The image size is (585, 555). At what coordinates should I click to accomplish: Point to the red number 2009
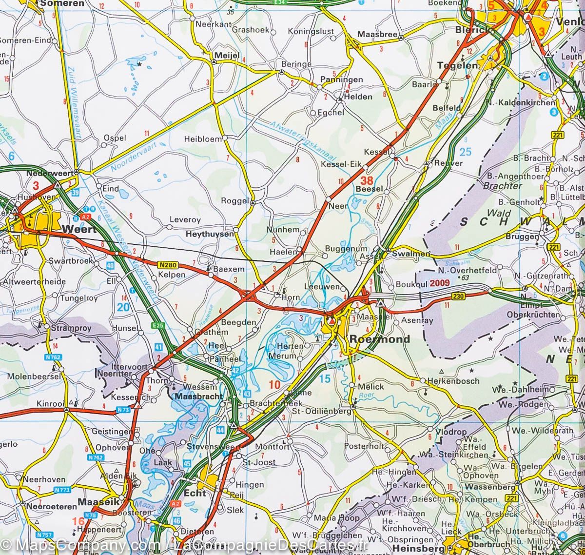click(440, 282)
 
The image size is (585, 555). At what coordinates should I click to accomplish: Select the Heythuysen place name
click(210, 235)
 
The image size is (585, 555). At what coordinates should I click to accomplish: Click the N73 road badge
click(123, 411)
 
